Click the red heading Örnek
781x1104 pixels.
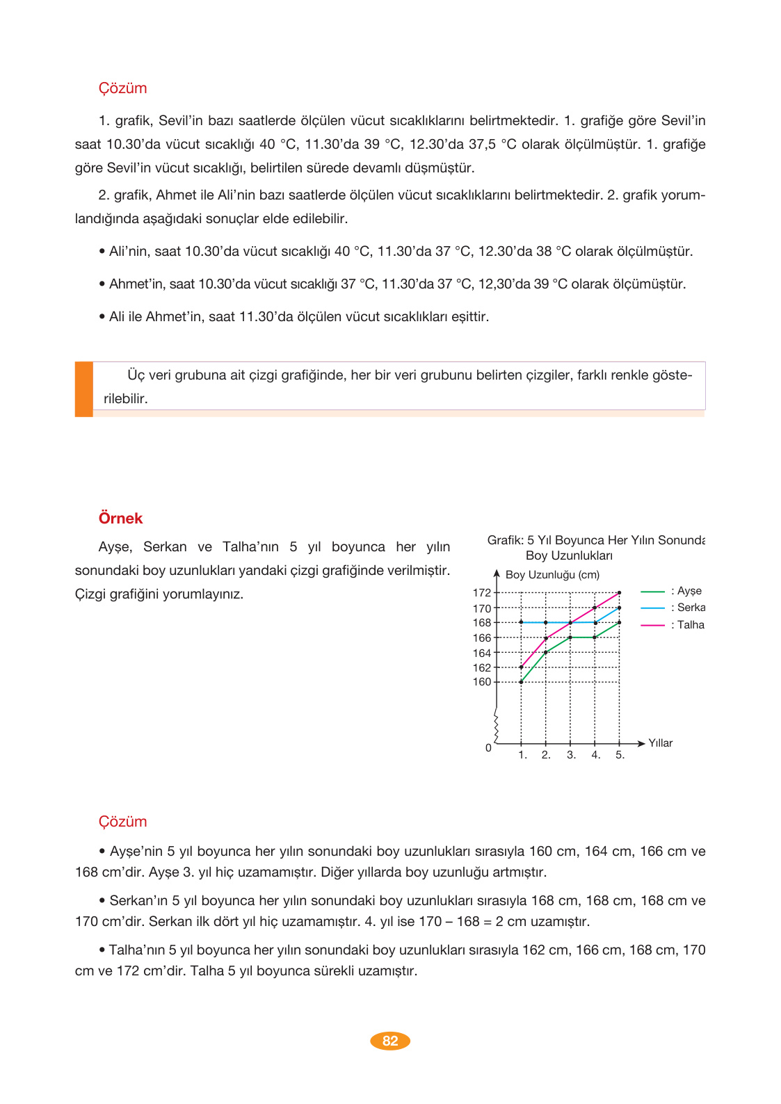[x=120, y=518]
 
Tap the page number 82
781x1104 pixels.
[x=390, y=1041]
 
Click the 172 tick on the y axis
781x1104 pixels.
[x=482, y=592]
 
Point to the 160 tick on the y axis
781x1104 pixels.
[x=482, y=682]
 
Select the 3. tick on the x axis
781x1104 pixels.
[x=571, y=755]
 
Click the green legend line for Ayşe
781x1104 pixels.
[x=652, y=592]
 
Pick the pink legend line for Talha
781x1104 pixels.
[x=652, y=625]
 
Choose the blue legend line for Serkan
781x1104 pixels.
[x=652, y=608]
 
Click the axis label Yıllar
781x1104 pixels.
[x=660, y=743]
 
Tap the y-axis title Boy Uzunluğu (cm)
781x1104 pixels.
[x=552, y=575]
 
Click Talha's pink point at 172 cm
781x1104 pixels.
[x=619, y=593]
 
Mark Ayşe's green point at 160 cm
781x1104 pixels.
[x=521, y=682]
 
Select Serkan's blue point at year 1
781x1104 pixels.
[x=521, y=622]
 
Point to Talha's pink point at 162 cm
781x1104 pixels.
[x=521, y=667]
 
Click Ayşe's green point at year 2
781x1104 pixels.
[x=546, y=652]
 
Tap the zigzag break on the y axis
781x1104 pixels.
[x=496, y=726]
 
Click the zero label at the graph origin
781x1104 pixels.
[x=488, y=748]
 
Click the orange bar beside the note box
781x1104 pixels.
[x=84, y=389]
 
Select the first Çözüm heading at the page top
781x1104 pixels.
[x=122, y=88]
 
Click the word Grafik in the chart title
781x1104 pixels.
[x=505, y=540]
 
